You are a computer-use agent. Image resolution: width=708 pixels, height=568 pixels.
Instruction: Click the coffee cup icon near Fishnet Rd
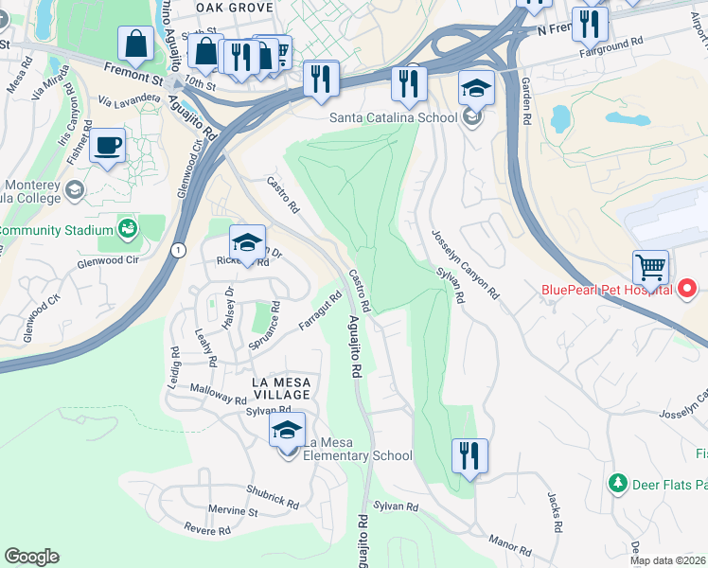[108, 146]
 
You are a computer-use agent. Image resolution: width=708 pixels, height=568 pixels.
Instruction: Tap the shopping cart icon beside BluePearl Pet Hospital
[650, 268]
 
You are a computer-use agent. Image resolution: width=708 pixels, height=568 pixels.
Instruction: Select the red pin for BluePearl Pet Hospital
[687, 287]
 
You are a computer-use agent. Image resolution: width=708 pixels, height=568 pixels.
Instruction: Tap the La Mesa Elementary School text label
[359, 455]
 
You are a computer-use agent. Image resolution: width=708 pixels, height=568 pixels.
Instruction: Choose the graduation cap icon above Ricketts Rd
[247, 242]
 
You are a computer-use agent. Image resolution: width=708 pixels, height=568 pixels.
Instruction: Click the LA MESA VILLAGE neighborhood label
[281, 387]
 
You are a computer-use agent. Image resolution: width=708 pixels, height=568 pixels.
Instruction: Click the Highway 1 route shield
[178, 249]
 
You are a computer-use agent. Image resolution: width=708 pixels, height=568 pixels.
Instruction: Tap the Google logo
[31, 557]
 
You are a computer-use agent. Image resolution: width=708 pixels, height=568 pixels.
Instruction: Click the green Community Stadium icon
[127, 228]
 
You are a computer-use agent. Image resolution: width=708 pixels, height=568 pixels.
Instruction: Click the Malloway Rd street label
[218, 394]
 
